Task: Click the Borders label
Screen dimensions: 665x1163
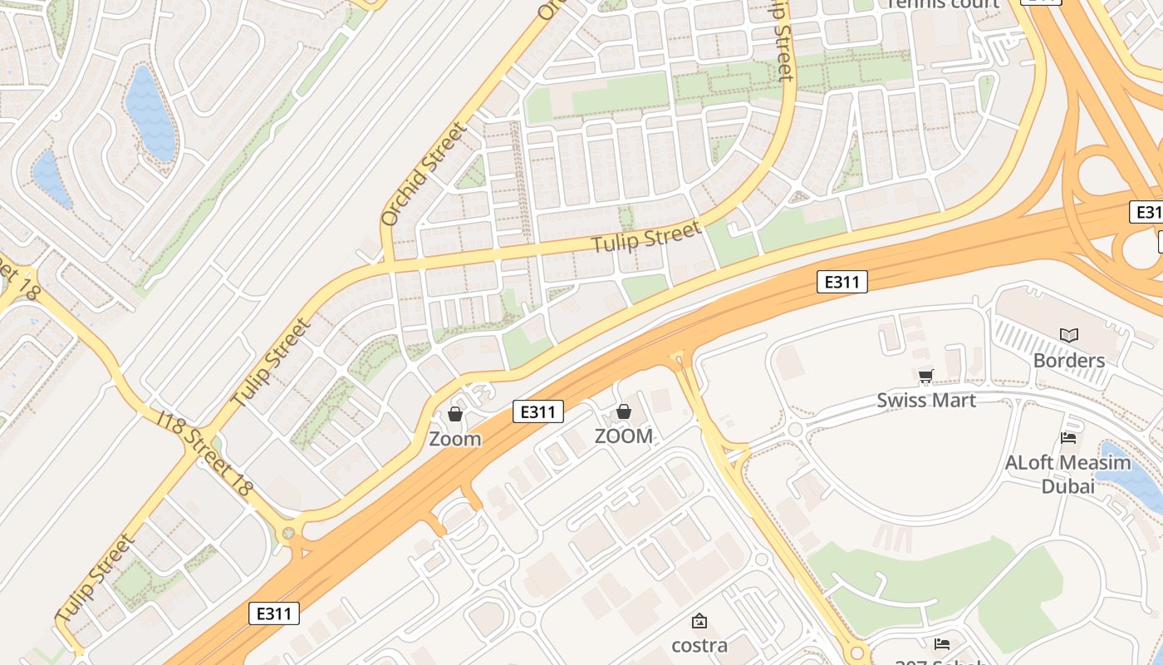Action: [x=1068, y=361]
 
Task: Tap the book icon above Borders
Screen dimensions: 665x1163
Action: [x=1069, y=335]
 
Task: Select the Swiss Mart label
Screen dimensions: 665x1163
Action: [x=926, y=400]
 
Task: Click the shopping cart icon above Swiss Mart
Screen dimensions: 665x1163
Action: [x=925, y=376]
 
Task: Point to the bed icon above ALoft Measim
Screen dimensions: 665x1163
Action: [x=1068, y=437]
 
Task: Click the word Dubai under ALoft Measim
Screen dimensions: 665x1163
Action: [x=1068, y=486]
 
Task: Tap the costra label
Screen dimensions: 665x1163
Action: [x=699, y=645]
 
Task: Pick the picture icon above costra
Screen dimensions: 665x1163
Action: [x=699, y=620]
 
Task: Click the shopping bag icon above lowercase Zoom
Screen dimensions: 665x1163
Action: [x=455, y=413]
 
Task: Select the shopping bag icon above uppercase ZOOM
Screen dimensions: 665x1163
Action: [x=624, y=411]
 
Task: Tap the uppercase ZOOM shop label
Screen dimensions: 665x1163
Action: [x=624, y=436]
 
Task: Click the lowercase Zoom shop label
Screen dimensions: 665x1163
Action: [x=455, y=439]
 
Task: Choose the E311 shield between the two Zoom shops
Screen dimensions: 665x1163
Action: [x=538, y=411]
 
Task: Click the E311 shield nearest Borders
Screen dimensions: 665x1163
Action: [x=842, y=283]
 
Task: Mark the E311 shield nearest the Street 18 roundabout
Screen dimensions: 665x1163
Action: [x=274, y=614]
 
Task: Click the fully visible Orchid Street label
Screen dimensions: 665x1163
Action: [x=424, y=175]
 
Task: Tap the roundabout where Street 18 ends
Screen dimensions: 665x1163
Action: [x=288, y=533]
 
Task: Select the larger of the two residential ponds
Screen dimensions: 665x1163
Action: [x=151, y=114]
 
